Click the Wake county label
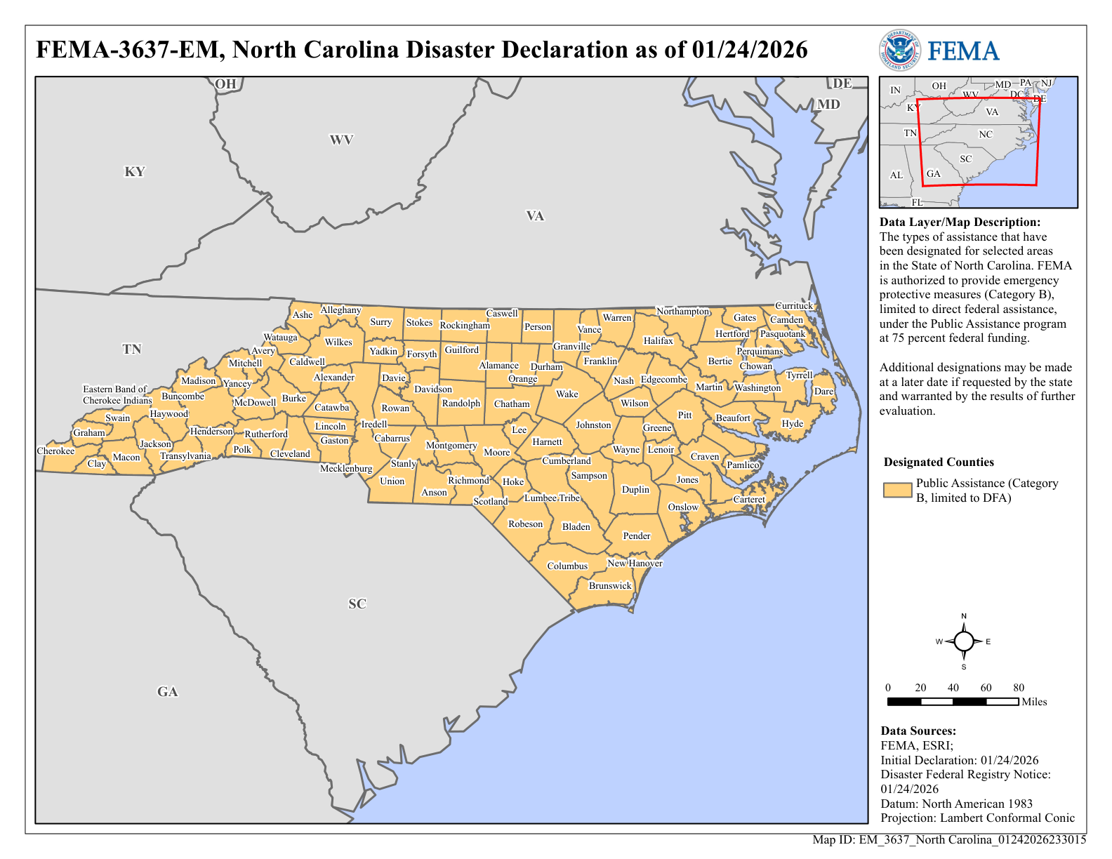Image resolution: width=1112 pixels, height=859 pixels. [567, 394]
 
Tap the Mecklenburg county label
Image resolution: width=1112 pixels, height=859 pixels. [346, 468]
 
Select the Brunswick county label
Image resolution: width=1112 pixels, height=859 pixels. [610, 585]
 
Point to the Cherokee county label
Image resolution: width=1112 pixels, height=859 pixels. [55, 451]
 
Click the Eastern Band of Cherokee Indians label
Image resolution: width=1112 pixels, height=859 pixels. [117, 394]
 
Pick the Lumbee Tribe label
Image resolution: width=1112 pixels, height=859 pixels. [552, 498]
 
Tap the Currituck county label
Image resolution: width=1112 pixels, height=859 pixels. [793, 305]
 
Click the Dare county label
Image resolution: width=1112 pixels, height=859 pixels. [823, 391]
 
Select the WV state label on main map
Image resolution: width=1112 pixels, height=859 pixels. [341, 140]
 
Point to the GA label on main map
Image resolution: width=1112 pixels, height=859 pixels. [167, 692]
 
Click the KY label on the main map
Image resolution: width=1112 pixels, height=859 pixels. [134, 172]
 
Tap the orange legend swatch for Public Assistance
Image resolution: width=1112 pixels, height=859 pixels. [897, 490]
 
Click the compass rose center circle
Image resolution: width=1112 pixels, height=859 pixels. [964, 641]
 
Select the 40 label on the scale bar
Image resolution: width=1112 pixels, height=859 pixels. [953, 688]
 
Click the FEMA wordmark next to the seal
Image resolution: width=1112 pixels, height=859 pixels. [963, 51]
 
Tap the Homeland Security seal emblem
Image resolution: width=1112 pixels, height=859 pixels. [899, 51]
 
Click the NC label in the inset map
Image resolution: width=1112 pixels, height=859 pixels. [986, 134]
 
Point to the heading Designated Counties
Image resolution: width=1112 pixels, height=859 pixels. [939, 462]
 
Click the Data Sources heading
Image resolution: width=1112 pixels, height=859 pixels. [918, 731]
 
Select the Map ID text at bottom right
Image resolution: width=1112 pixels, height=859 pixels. [949, 839]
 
